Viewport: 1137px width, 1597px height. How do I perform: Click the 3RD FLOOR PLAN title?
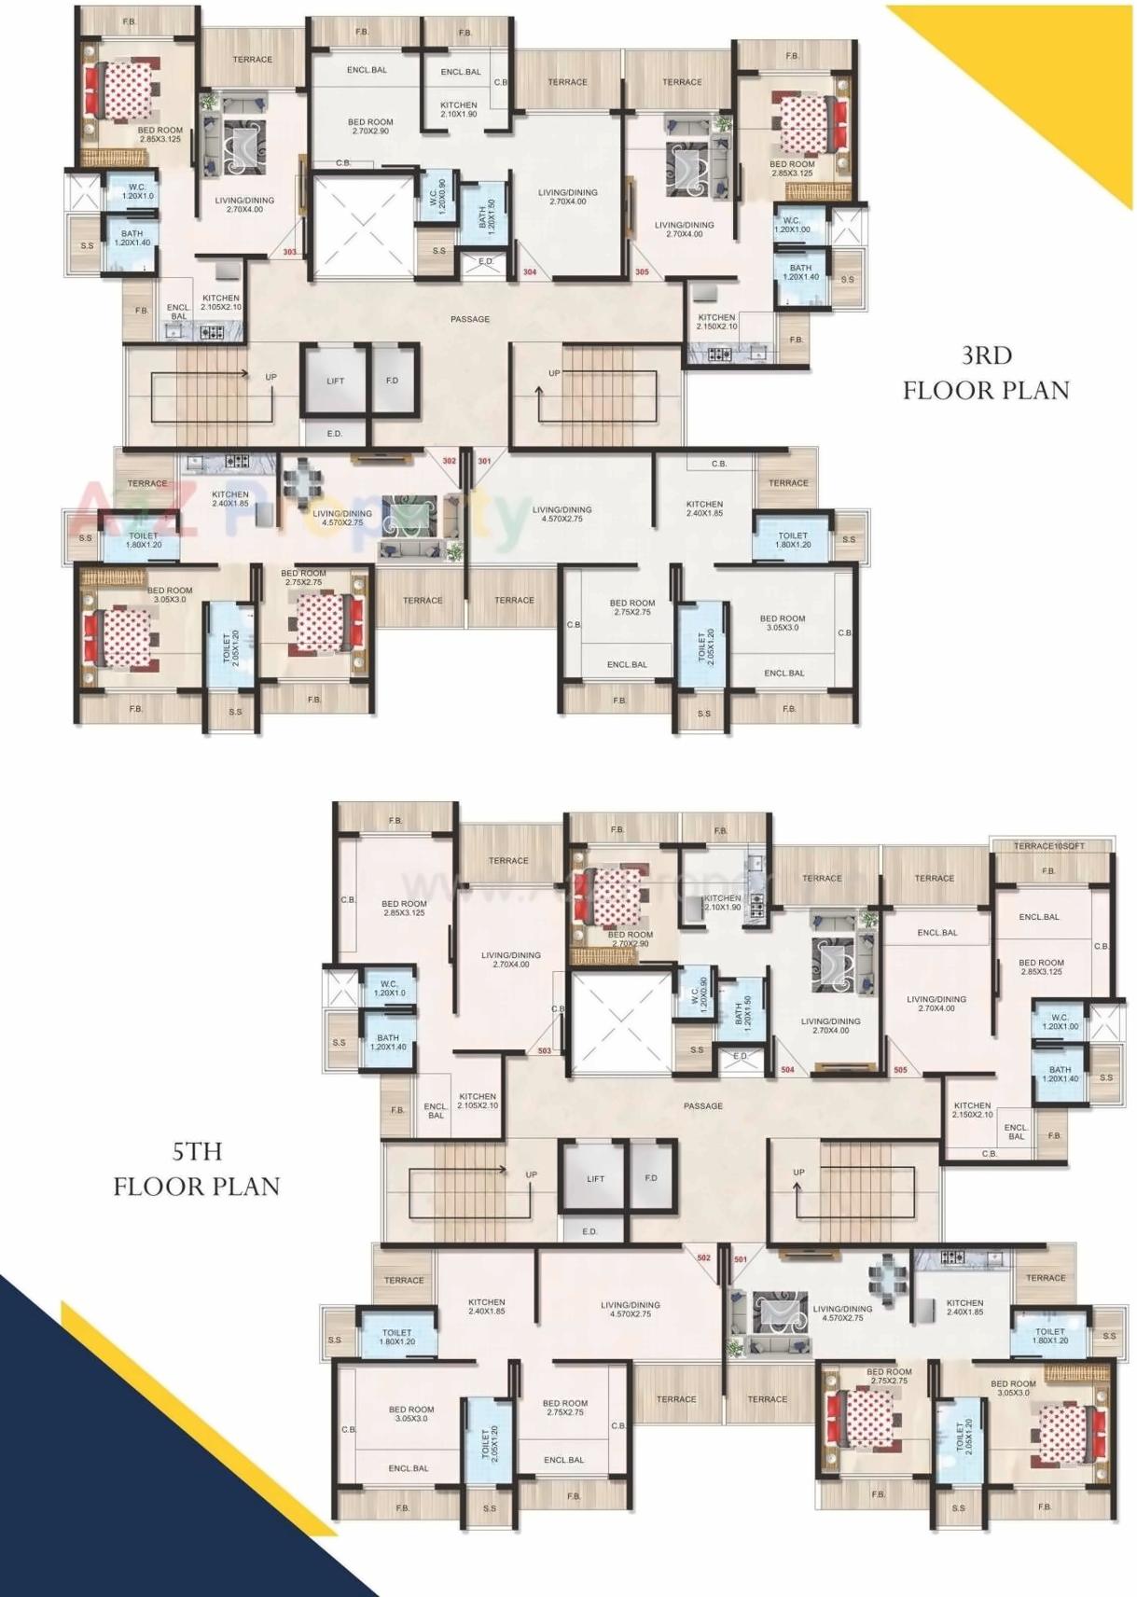986,372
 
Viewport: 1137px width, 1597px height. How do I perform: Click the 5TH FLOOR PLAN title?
197,1169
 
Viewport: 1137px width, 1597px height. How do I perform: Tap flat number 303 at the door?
290,252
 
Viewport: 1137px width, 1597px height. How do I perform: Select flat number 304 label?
530,272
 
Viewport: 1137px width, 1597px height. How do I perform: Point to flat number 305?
642,272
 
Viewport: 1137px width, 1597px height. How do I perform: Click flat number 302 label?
450,461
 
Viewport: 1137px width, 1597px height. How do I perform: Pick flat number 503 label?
545,1050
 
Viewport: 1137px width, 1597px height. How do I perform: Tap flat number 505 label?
900,1070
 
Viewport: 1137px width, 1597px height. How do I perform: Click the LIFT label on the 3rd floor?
336,381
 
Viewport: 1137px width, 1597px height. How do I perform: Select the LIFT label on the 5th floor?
595,1178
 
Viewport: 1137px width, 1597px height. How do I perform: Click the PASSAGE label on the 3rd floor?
470,319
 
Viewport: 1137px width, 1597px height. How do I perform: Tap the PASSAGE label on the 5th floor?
703,1105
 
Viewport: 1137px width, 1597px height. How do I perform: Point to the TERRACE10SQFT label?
1049,846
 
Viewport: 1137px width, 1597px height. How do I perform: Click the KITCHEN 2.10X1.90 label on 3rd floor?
459,110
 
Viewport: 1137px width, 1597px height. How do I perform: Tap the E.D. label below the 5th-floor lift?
589,1231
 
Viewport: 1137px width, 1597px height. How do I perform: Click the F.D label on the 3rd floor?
392,381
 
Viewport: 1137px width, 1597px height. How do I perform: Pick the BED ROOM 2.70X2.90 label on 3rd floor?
370,127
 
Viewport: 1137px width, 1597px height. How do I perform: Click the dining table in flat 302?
301,480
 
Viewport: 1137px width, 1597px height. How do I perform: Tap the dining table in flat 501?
882,1271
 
